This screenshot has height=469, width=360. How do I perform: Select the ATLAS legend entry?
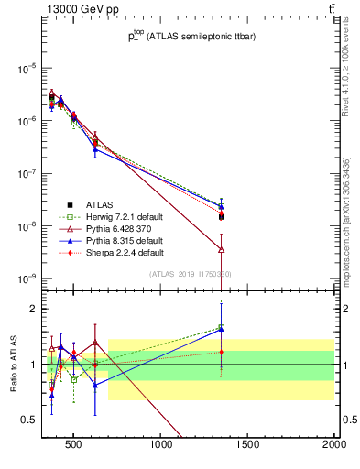99,204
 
